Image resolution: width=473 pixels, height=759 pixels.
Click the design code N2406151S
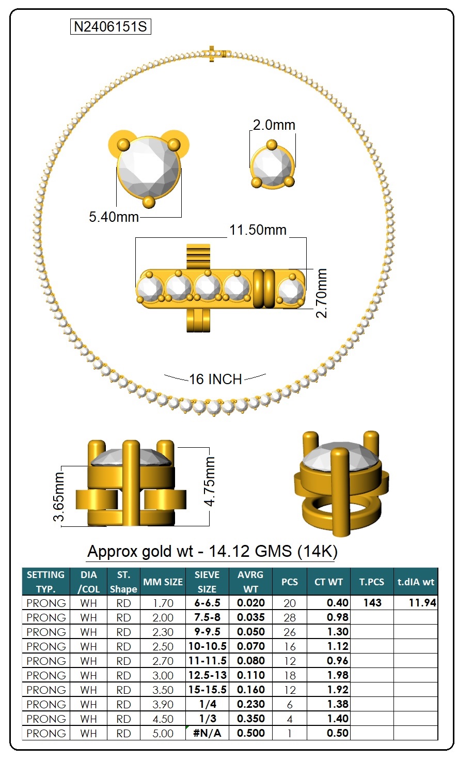[111, 27]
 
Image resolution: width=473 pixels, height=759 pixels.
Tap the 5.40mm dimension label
[114, 217]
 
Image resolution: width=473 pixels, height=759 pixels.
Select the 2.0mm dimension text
[274, 125]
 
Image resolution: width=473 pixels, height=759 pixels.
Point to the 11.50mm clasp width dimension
[258, 230]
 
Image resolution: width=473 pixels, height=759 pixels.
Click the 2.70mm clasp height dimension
[321, 293]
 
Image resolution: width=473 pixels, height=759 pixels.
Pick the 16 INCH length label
[215, 379]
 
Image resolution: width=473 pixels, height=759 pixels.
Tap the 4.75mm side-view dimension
[210, 481]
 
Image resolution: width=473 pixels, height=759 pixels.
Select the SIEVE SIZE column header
[207, 582]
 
